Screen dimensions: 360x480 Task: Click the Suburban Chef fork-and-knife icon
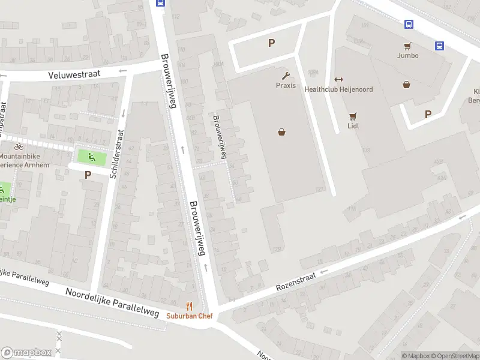[x=190, y=306]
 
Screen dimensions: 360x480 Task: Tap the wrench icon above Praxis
[x=286, y=76]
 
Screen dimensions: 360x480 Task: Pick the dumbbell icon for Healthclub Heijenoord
[x=338, y=80]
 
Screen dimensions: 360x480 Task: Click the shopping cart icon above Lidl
[x=353, y=116]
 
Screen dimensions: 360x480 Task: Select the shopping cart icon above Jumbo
[x=407, y=46]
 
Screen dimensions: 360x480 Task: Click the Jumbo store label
[x=407, y=55]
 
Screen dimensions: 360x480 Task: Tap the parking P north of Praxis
[x=271, y=43]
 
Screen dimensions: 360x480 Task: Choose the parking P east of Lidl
[x=428, y=114]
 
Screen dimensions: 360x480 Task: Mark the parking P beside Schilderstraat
[x=88, y=175]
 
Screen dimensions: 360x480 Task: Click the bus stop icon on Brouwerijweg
[x=160, y=2]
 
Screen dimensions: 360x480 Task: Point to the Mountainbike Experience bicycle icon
[x=19, y=146]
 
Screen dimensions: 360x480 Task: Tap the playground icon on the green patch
[x=91, y=158]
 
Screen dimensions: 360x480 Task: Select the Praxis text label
[x=286, y=85]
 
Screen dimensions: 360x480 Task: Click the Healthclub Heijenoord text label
[x=338, y=89]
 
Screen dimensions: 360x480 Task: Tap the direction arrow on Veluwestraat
[x=123, y=71]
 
